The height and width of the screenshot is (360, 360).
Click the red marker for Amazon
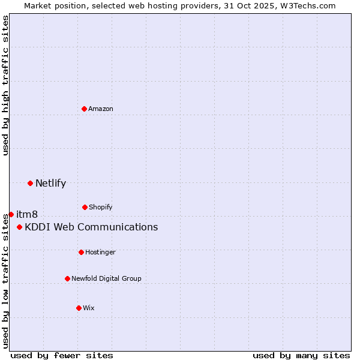[x=85, y=109]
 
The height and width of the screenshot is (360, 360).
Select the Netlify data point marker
[x=30, y=183]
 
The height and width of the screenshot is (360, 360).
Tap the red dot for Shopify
[x=85, y=207]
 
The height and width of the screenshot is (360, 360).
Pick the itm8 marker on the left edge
[x=11, y=214]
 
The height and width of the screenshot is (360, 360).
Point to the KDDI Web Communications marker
[x=20, y=227]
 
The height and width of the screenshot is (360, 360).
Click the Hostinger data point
[x=81, y=252]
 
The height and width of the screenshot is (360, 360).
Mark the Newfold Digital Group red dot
[x=67, y=278]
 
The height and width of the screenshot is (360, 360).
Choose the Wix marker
[x=79, y=308]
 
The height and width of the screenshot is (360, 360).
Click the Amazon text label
[x=101, y=109]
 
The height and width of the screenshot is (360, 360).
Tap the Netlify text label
[x=50, y=183]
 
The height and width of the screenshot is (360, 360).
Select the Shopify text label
[x=101, y=207]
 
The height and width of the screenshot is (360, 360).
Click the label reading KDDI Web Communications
[x=91, y=227]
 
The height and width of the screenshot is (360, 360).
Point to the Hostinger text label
[x=100, y=252]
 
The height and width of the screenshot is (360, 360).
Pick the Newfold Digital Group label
[x=106, y=278]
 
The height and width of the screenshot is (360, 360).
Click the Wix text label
[x=89, y=308]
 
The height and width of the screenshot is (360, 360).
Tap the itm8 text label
[x=27, y=214]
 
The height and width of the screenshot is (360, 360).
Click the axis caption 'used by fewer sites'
[x=62, y=355]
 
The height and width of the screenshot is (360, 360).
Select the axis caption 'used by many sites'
[x=301, y=355]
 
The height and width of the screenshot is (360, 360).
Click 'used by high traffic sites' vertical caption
[x=5, y=85]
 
